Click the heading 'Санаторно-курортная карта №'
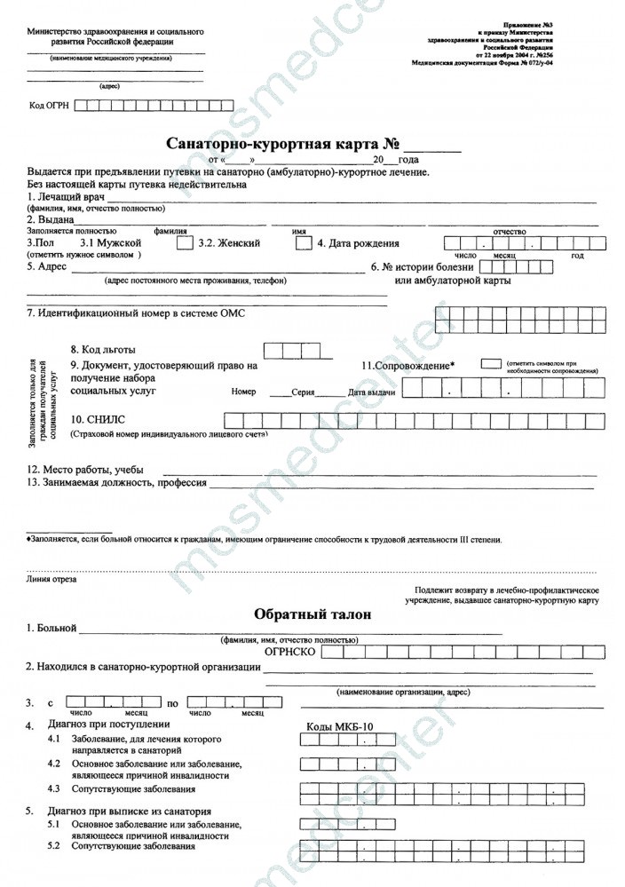(x=282, y=145)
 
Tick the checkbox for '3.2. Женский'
(x=303, y=242)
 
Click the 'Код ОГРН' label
(x=49, y=106)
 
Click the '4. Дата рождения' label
(x=358, y=243)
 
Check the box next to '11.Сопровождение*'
(x=490, y=364)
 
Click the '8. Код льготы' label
(x=104, y=349)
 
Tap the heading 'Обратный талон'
(x=312, y=614)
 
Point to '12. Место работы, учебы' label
(x=85, y=470)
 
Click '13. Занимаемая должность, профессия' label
(x=117, y=483)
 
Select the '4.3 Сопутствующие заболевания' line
(x=121, y=789)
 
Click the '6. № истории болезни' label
(x=422, y=266)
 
